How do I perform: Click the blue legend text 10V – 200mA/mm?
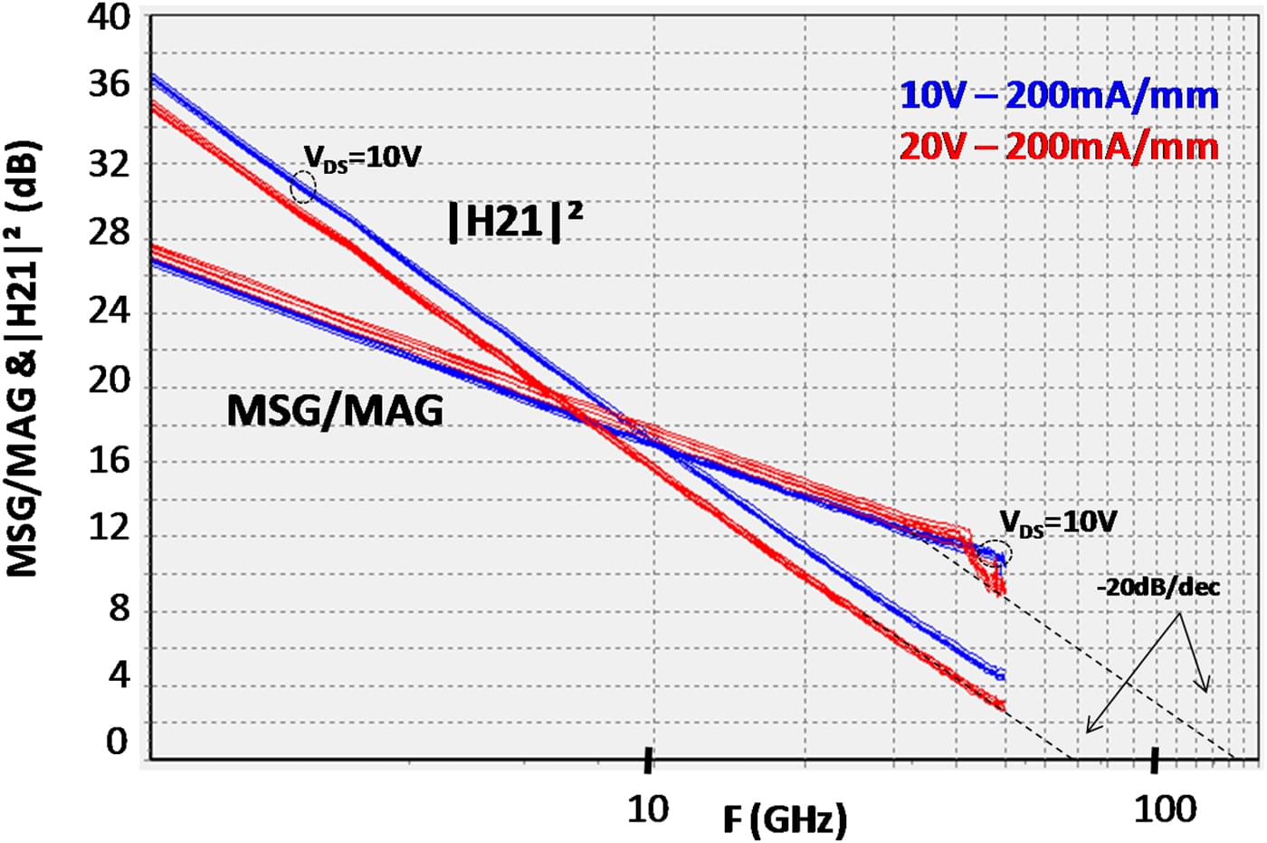pyautogui.click(x=1059, y=95)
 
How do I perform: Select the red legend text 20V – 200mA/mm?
pyautogui.click(x=1059, y=146)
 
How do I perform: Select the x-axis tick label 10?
pyautogui.click(x=648, y=809)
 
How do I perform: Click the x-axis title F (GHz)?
pyautogui.click(x=785, y=819)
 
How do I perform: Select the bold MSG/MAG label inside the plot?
pyautogui.click(x=335, y=411)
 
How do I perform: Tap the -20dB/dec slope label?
pyautogui.click(x=1157, y=588)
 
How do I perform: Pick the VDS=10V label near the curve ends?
pyautogui.click(x=1058, y=522)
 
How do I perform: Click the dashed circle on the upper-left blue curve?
pyautogui.click(x=303, y=187)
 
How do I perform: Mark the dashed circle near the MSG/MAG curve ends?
pyautogui.click(x=990, y=554)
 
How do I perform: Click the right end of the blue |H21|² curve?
pyautogui.click(x=1001, y=675)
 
